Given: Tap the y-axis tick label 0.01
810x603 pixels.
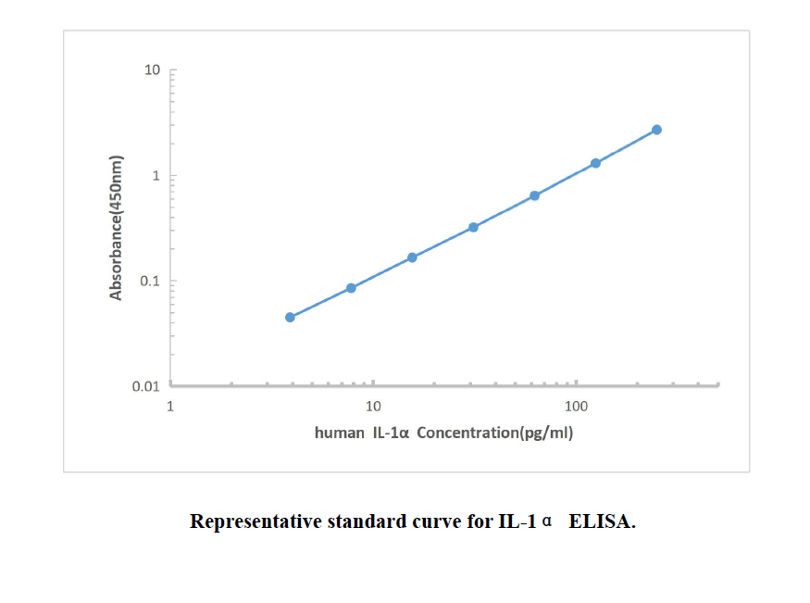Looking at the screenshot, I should click(146, 386).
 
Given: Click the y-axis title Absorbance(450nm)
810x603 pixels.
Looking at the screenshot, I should click(117, 228).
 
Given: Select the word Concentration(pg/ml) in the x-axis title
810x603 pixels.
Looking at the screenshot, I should click(495, 433).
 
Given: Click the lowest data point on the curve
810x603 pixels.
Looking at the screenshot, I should click(290, 317).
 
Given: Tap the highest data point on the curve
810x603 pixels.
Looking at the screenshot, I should click(656, 130).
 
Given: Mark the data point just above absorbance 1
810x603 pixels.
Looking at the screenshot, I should click(595, 163).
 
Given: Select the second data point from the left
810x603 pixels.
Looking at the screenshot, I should click(351, 288).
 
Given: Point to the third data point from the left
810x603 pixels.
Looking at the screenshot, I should click(412, 258).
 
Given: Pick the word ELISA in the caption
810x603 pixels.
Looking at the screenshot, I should click(603, 521).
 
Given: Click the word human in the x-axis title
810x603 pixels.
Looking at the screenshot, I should click(340, 433).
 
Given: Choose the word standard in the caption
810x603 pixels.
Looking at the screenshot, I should click(368, 521).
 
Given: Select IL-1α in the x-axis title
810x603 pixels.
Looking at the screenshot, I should click(392, 433).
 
